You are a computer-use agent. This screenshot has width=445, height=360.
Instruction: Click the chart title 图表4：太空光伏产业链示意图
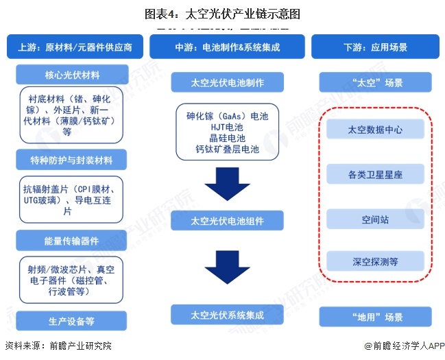(x=222, y=13)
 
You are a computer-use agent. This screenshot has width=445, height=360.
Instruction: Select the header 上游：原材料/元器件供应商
(x=74, y=48)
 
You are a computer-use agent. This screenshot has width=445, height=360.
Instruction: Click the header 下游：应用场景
(x=375, y=48)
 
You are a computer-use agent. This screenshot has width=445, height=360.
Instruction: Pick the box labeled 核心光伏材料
(x=71, y=73)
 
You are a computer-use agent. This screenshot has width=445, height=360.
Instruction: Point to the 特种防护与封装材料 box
(x=71, y=161)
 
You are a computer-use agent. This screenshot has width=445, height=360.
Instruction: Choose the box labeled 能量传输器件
(x=71, y=241)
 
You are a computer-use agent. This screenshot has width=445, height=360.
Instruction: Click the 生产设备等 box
(x=71, y=321)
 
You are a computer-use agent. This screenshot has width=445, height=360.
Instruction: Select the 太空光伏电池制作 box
(x=227, y=83)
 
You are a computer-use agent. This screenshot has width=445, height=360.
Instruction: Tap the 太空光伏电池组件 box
(x=227, y=221)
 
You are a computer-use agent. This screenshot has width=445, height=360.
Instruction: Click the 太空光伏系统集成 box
(x=227, y=315)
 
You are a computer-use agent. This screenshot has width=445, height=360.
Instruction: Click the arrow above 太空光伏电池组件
(x=227, y=184)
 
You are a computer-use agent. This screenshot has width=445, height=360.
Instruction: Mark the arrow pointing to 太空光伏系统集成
(x=227, y=267)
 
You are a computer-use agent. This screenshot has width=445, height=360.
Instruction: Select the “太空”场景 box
(x=375, y=83)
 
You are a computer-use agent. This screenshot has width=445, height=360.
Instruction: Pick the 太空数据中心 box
(x=375, y=130)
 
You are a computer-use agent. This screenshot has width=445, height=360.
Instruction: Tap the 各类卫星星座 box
(x=375, y=175)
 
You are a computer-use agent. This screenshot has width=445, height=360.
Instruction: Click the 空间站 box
(x=375, y=220)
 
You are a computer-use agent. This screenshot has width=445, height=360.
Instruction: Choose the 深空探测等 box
(x=375, y=261)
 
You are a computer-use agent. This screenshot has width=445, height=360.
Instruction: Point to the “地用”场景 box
(x=375, y=317)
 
